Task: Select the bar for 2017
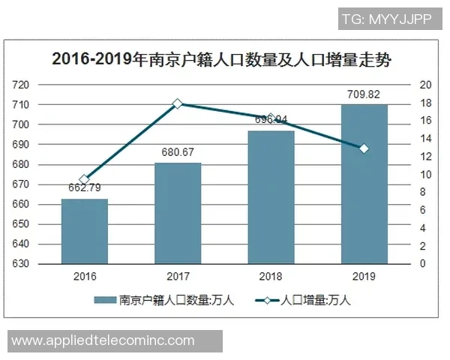point(178,213)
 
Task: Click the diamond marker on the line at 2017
point(178,103)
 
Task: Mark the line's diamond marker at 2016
point(85,180)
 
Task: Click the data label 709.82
point(364,94)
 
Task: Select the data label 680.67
point(178,152)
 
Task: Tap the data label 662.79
point(85,187)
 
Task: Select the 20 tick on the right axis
point(424,85)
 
